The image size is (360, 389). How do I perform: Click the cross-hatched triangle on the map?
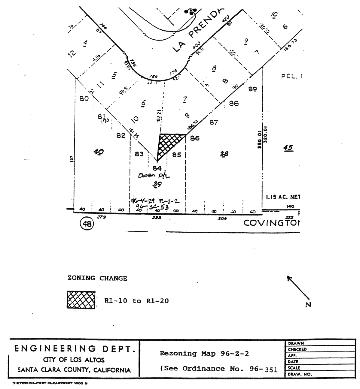pyautogui.click(x=168, y=143)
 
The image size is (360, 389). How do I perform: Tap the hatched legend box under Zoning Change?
pyautogui.click(x=81, y=300)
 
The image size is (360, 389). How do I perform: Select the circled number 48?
pyautogui.click(x=87, y=224)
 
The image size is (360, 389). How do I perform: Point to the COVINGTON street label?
pyautogui.click(x=272, y=223)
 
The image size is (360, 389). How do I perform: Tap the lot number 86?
pyautogui.click(x=195, y=138)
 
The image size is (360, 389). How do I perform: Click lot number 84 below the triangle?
pyautogui.click(x=157, y=168)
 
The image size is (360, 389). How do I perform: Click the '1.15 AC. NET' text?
pyautogui.click(x=283, y=197)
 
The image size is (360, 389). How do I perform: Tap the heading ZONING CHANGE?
pyautogui.click(x=97, y=278)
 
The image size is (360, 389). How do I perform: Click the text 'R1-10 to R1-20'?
pyautogui.click(x=136, y=301)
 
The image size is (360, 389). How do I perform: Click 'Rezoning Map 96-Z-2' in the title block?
pyautogui.click(x=204, y=354)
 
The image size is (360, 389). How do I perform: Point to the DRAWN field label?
pyautogui.click(x=296, y=343)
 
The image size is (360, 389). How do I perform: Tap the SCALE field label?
pyautogui.click(x=294, y=368)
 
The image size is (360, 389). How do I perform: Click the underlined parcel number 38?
pyautogui.click(x=224, y=154)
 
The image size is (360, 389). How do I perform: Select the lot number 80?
pyautogui.click(x=84, y=98)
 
